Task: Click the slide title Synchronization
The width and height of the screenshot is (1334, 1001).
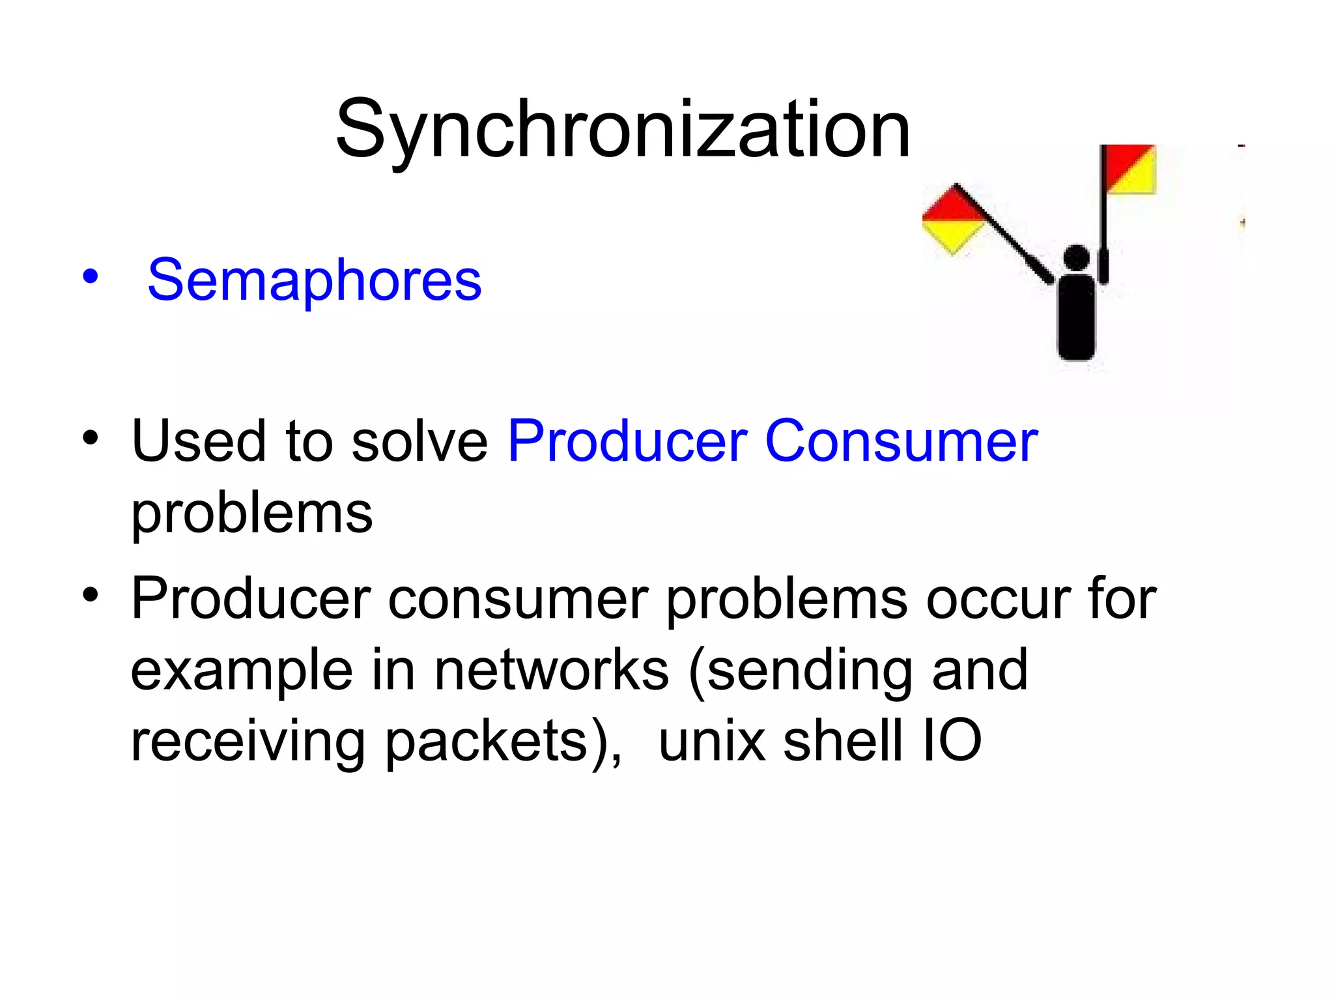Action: tap(622, 128)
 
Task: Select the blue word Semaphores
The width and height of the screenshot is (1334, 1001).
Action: tap(315, 280)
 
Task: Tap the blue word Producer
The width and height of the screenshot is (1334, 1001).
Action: tap(627, 441)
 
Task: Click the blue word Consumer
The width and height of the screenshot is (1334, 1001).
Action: tap(901, 441)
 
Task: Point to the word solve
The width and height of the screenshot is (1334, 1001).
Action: tap(420, 441)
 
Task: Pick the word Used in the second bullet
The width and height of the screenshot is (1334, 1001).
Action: tap(199, 441)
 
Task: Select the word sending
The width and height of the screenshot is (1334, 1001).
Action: tap(810, 671)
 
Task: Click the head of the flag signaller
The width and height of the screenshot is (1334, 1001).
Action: tap(1076, 257)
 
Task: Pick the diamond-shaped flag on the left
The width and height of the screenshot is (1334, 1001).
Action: tap(953, 220)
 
